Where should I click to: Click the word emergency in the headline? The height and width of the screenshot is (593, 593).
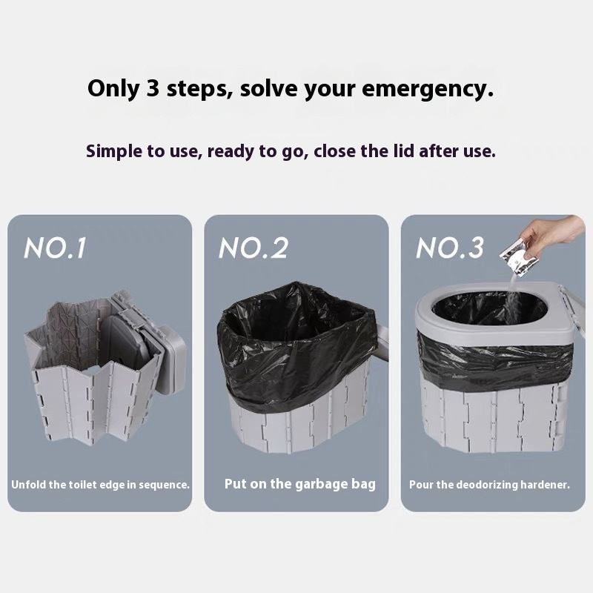[x=428, y=89]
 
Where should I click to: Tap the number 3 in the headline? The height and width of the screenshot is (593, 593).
[x=152, y=88]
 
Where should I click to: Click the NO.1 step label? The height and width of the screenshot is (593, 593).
[x=55, y=248]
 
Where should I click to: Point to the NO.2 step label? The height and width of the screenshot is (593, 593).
[x=254, y=248]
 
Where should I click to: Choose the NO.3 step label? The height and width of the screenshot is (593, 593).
[x=450, y=248]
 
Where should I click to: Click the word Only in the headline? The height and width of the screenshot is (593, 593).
[x=113, y=89]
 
